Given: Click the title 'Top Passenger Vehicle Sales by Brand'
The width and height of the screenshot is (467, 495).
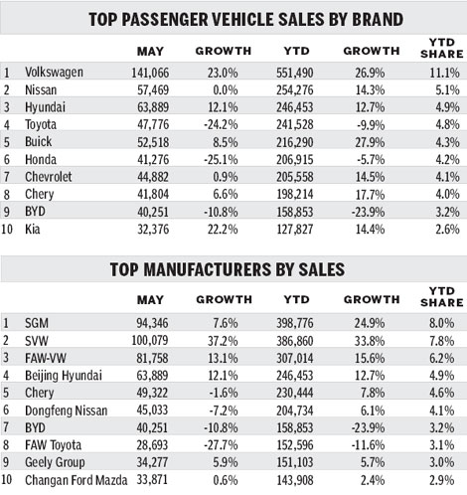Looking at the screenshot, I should point(233,18).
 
